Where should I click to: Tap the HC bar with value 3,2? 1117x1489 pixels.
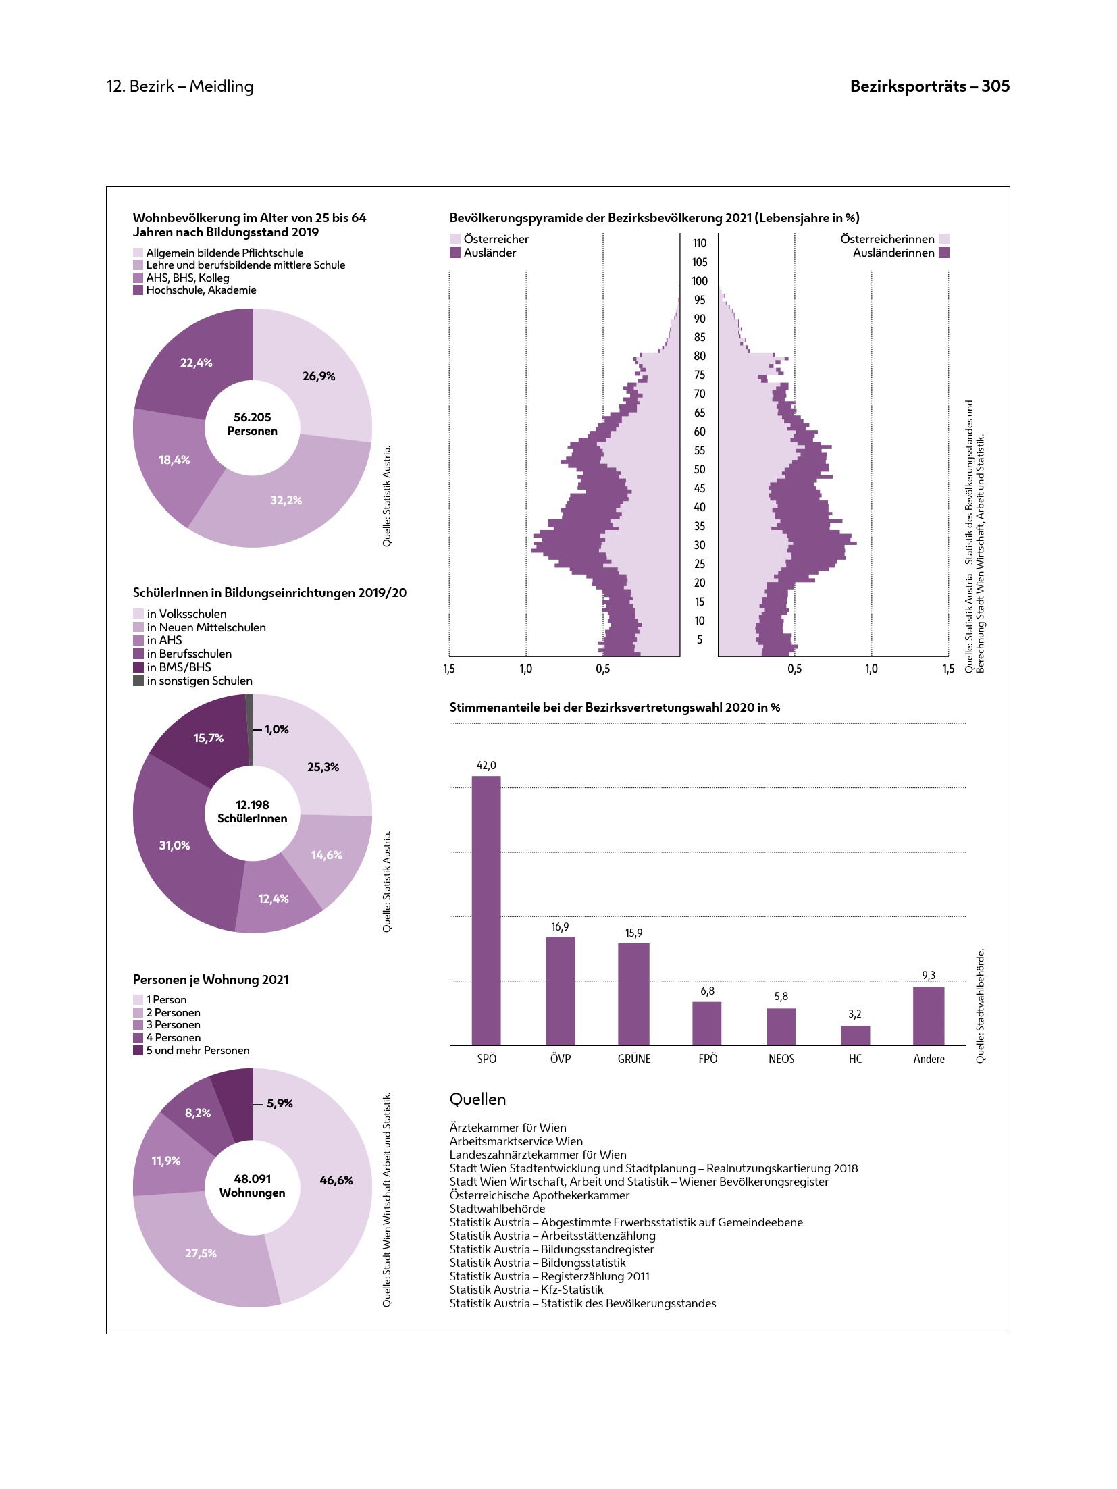[855, 1035]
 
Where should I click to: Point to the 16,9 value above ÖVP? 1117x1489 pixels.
[560, 926]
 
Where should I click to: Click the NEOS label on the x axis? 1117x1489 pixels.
[781, 1059]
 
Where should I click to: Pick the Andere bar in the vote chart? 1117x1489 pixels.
[929, 1016]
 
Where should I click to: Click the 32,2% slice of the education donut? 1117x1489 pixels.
[286, 500]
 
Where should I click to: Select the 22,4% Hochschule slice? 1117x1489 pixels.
[196, 363]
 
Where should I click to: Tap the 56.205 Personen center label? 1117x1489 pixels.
[252, 424]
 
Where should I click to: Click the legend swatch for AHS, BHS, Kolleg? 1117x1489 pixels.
[138, 278]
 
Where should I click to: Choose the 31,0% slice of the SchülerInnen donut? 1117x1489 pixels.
[174, 845]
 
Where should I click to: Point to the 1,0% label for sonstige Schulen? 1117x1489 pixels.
[276, 729]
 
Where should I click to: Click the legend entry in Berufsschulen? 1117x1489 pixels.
[189, 654]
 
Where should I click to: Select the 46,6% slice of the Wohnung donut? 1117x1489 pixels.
[336, 1180]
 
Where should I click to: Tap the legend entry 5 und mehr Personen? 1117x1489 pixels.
[197, 1050]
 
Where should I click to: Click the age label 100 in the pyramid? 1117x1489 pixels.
[700, 281]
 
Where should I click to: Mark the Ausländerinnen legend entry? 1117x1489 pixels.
[893, 253]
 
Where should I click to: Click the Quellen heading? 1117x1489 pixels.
[477, 1099]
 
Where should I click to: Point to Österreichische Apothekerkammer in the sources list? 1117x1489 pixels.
[539, 1195]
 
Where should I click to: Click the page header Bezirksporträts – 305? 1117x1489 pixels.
[929, 86]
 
